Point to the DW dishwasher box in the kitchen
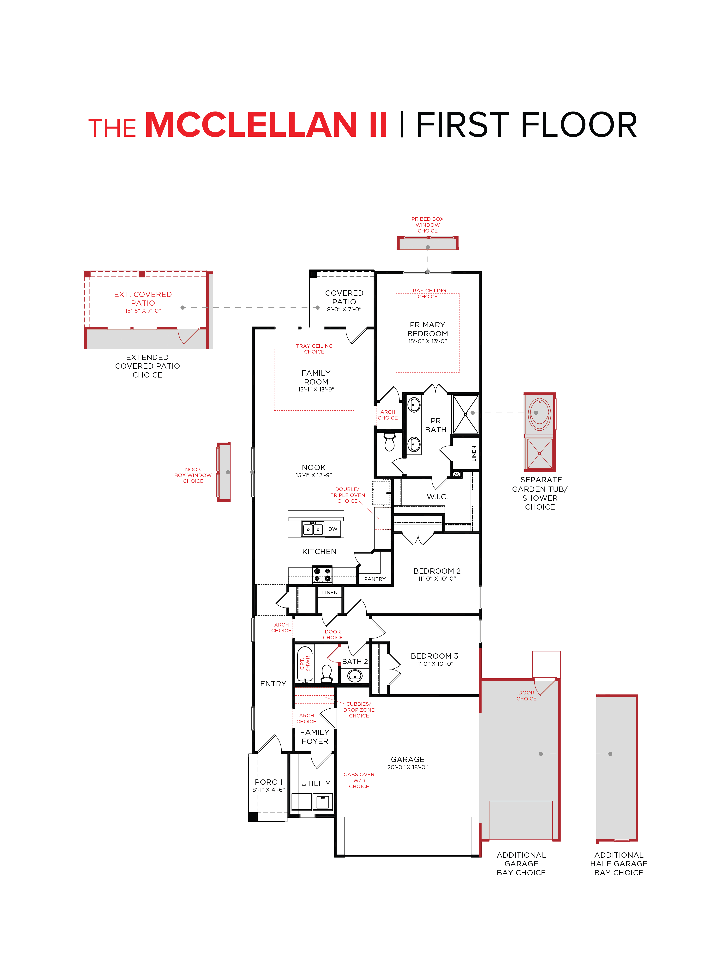click(333, 529)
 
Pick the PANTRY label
click(375, 579)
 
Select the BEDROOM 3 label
click(434, 656)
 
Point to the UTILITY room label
click(315, 783)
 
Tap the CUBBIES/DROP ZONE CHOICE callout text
click(359, 710)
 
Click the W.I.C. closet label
click(437, 497)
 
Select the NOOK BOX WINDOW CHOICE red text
click(193, 475)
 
